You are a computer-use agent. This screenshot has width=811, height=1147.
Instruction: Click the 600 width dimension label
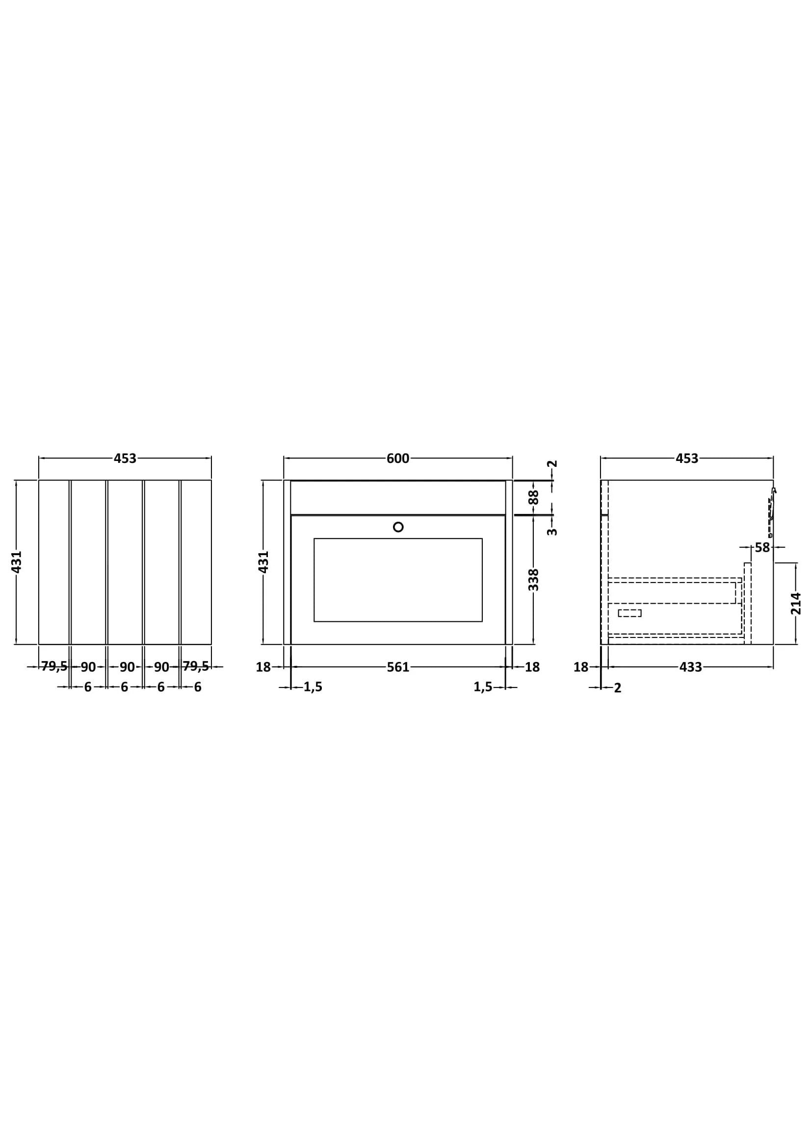398,458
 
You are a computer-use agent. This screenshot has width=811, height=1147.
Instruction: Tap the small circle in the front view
398,527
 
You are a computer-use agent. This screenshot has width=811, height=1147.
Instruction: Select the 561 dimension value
398,667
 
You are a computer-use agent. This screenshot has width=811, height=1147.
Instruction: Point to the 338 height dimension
534,580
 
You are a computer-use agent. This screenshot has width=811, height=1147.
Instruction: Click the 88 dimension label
534,497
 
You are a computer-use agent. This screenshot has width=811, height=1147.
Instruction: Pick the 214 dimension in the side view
796,604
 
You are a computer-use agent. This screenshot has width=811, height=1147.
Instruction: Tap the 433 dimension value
691,667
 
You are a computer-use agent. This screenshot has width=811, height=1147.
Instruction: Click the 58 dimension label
762,548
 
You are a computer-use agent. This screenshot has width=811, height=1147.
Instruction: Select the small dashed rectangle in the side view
629,613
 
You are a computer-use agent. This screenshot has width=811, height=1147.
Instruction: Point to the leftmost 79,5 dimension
54,666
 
